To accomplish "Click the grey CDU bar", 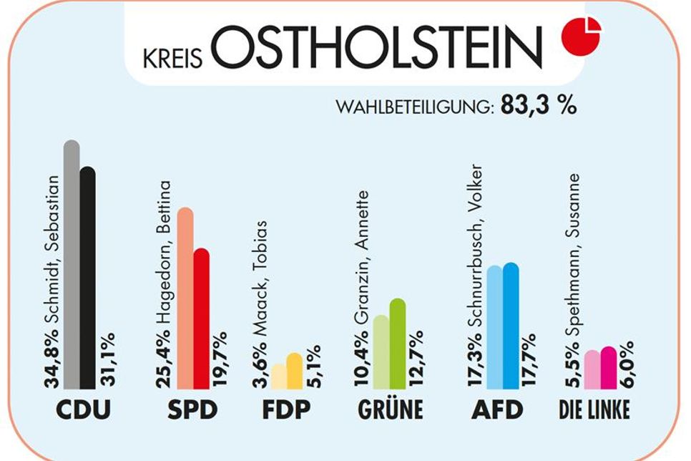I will (72, 265).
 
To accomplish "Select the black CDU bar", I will (87, 279).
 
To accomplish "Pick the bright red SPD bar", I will (201, 319).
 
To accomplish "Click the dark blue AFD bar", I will (511, 326).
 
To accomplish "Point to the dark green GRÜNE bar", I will (398, 344).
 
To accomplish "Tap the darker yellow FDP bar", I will (295, 371).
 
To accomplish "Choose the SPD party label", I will (192, 410).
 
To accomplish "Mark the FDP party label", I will (286, 410).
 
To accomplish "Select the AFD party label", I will (497, 410).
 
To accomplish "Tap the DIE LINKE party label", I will (594, 411).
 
